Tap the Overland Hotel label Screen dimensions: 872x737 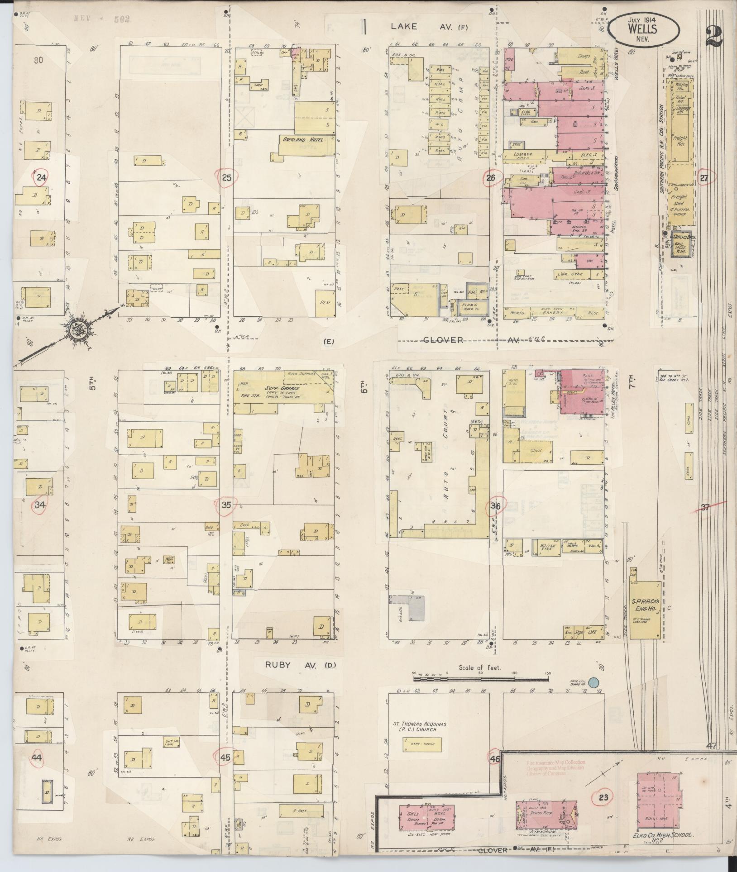coord(302,140)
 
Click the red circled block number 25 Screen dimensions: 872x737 coord(227,178)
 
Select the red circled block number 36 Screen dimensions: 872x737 coord(495,506)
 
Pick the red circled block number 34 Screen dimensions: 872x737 coord(40,505)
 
